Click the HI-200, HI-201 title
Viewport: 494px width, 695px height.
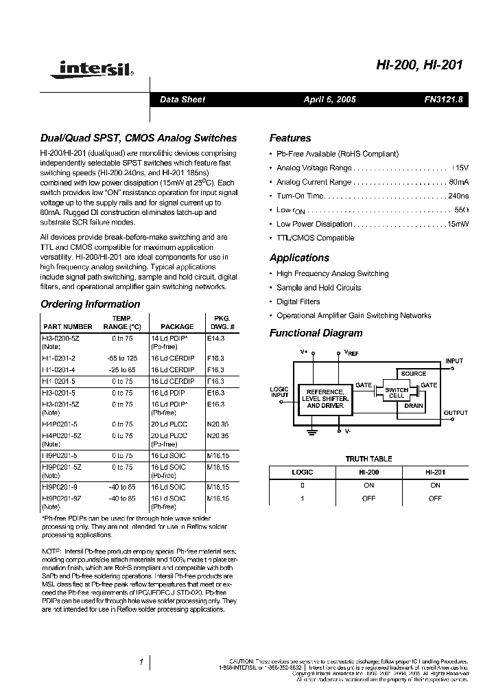[x=420, y=65]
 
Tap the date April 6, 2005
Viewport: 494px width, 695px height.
[x=329, y=100]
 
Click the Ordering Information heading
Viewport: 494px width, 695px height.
[x=90, y=304]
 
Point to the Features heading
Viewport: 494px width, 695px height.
[x=290, y=138]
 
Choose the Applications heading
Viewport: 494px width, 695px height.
[x=299, y=258]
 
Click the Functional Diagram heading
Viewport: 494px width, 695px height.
[x=316, y=333]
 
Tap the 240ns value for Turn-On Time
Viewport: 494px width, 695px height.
[x=458, y=196]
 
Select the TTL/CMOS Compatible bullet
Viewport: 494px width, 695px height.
[x=315, y=238]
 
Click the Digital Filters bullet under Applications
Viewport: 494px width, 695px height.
[x=298, y=301]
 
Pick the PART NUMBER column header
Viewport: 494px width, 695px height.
[x=67, y=327]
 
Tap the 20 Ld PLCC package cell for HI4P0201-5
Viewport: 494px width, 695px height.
[x=169, y=425]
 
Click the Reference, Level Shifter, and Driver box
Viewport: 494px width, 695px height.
[x=325, y=399]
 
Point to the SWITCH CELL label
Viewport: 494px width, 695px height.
[x=396, y=394]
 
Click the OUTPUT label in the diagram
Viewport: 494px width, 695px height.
[x=456, y=413]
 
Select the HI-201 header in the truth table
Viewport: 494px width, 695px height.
[x=435, y=472]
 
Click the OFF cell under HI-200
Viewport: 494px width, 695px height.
[x=368, y=498]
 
